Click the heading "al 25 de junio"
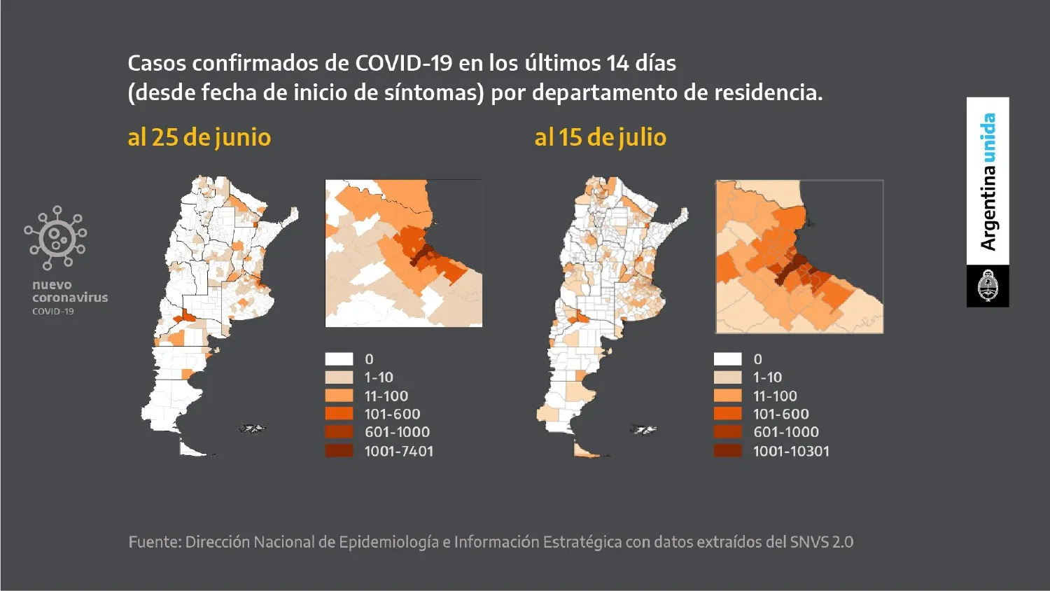199,137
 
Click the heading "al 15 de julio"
600,137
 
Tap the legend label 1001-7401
398,451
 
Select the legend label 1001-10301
791,451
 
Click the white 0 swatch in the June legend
339,359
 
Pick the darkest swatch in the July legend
727,450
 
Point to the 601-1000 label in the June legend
397,432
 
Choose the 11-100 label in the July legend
775,396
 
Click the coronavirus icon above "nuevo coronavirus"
56,238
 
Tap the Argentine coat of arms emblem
988,286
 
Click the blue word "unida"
988,137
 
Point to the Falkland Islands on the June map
252,428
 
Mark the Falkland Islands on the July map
643,429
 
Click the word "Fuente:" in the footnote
154,542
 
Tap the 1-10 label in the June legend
379,377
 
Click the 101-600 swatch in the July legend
727,414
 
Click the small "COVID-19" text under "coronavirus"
52,311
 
